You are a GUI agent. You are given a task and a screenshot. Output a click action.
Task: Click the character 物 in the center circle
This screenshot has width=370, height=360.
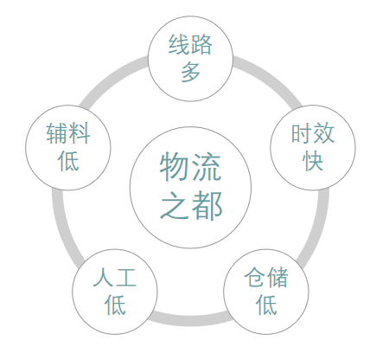(175, 166)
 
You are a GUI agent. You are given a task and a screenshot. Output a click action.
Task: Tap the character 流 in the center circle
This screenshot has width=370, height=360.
(207, 166)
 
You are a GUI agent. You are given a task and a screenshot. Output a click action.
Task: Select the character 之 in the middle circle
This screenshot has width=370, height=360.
(175, 205)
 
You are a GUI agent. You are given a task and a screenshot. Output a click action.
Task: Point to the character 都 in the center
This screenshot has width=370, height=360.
(207, 205)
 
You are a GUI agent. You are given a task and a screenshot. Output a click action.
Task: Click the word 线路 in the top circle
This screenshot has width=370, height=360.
(190, 44)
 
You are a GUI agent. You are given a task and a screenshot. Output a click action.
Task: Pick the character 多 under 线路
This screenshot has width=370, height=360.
(190, 71)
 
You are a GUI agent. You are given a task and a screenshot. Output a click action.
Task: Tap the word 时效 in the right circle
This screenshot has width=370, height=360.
(313, 133)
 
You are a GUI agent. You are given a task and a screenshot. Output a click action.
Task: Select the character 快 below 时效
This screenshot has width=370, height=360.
(313, 160)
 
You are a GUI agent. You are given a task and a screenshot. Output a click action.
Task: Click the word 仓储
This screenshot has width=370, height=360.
(266, 277)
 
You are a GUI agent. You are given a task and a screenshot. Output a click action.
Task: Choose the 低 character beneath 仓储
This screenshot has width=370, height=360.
(266, 305)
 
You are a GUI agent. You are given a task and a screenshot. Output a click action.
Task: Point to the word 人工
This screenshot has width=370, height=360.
(115, 277)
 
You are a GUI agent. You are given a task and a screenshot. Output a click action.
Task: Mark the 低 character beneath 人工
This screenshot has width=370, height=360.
(115, 305)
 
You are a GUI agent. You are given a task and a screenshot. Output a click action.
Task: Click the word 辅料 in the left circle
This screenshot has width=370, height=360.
(68, 133)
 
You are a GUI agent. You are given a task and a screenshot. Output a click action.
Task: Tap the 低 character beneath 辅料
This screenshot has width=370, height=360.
(68, 160)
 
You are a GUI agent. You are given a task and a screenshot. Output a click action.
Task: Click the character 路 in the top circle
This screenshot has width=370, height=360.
(201, 44)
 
